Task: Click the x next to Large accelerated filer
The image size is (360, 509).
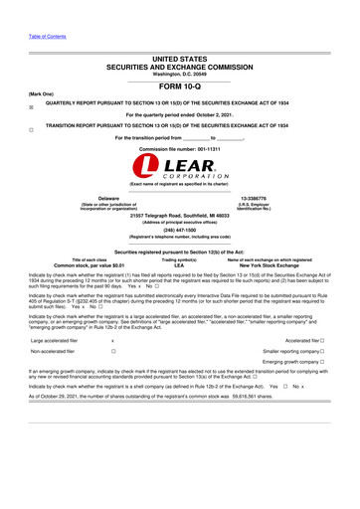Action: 112,339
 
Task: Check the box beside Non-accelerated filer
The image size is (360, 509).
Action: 113,352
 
